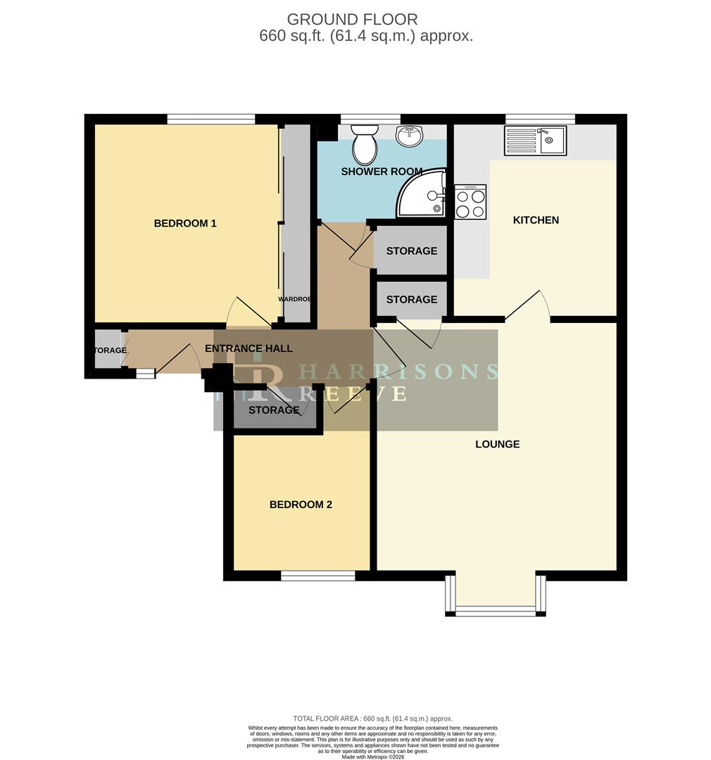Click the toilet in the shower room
(x=365, y=144)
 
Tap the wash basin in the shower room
(x=409, y=136)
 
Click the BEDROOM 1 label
(x=185, y=224)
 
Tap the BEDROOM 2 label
(x=301, y=505)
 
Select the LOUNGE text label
(x=497, y=444)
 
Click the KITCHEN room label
(x=536, y=220)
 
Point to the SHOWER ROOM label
(x=382, y=172)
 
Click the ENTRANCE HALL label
(x=248, y=348)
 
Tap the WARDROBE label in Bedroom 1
(x=294, y=299)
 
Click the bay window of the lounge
(x=496, y=609)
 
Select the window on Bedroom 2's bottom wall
(x=318, y=576)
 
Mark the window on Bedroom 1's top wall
(x=211, y=120)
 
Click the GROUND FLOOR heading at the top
(x=352, y=20)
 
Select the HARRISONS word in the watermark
(x=398, y=372)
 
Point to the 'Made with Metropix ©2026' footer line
(x=373, y=756)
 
